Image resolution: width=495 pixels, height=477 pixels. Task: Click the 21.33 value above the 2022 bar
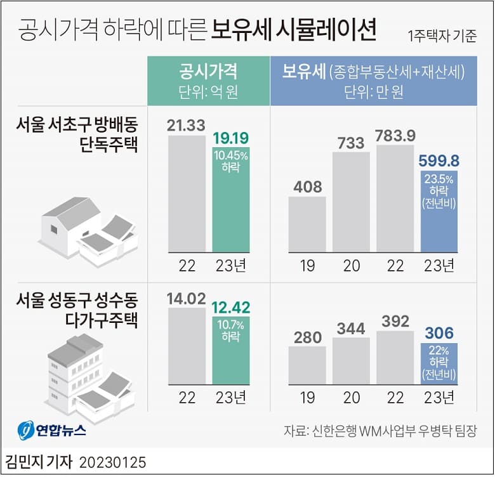coord(187,125)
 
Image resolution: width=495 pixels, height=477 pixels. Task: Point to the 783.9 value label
coord(395,136)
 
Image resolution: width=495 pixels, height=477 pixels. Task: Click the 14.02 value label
coord(187,297)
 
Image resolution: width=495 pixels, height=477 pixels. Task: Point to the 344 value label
coord(351,329)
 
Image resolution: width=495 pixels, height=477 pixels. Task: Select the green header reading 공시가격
coord(209,71)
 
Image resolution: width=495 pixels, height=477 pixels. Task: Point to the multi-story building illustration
coord(89,374)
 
